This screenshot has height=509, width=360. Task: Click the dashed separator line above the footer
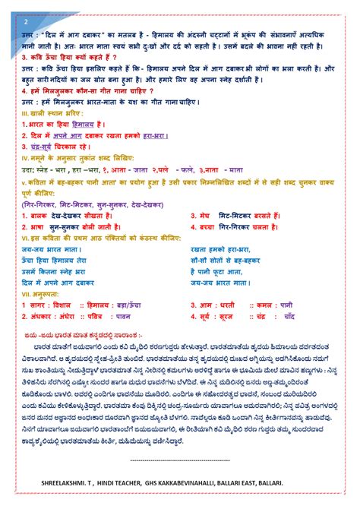(180, 460)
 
